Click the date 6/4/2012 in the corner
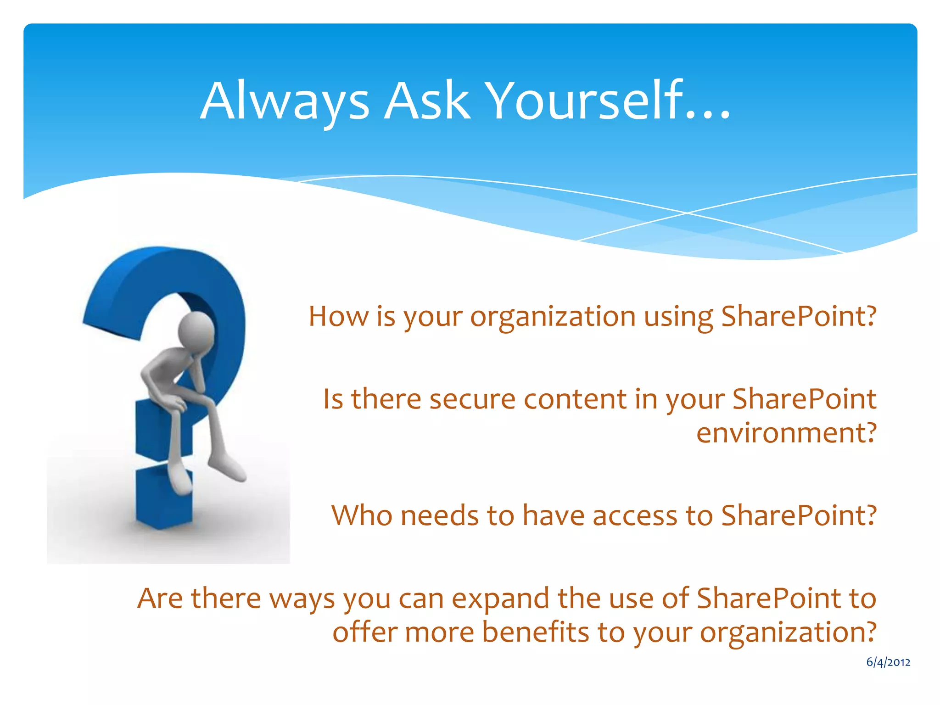click(x=888, y=662)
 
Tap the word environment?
click(x=786, y=433)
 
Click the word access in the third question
click(x=634, y=515)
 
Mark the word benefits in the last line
click(x=535, y=632)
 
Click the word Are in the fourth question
click(x=160, y=599)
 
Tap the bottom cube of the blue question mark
click(x=164, y=498)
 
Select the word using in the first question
click(x=678, y=318)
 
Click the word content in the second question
click(x=575, y=399)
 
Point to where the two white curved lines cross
click(x=687, y=213)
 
